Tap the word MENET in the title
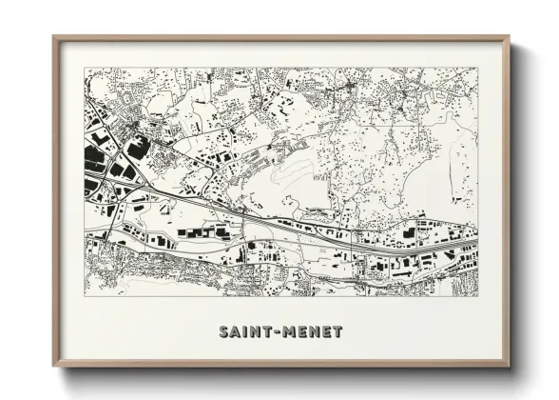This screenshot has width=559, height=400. click(311, 332)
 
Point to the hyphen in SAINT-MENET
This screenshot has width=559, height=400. click(276, 333)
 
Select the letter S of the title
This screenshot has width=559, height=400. click(223, 332)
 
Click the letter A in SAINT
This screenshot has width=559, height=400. click(236, 332)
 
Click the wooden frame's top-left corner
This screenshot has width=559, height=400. click(54, 37)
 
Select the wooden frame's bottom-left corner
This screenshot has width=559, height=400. click(54, 366)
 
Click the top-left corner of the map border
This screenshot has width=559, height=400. click(84, 68)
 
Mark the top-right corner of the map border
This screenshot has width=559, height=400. click(477, 68)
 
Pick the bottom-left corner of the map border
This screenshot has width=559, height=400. click(84, 295)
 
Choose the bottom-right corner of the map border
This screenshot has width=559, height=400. click(477, 295)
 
